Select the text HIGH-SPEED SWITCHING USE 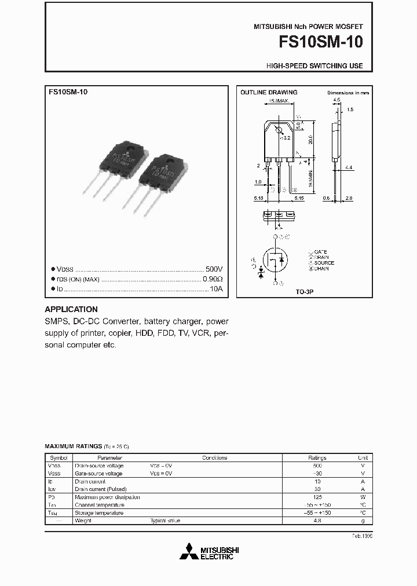[314, 66]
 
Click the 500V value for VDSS [214, 270]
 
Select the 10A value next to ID [215, 288]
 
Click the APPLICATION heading [71, 309]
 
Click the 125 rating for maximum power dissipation [317, 497]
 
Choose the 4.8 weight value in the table [317, 521]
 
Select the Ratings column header [317, 457]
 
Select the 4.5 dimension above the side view [336, 100]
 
